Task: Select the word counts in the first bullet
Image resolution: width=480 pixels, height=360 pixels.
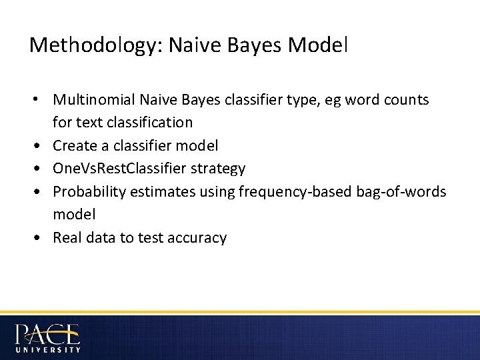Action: point(408,100)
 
